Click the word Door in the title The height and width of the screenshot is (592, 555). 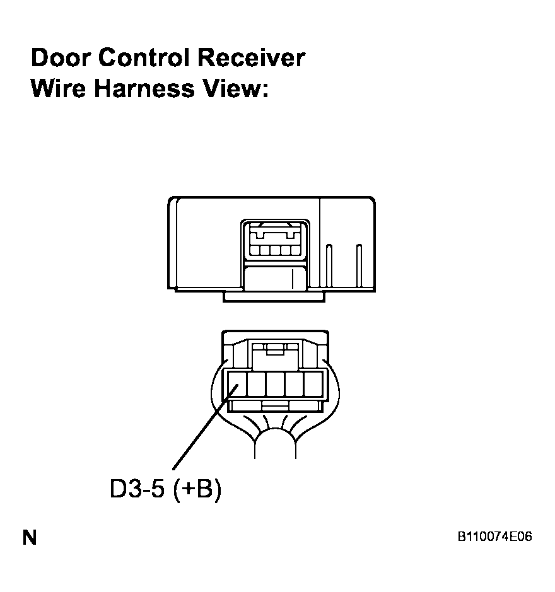pyautogui.click(x=61, y=58)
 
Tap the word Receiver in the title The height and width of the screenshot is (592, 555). pyautogui.click(x=251, y=58)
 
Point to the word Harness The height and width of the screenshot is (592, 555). pyautogui.click(x=144, y=88)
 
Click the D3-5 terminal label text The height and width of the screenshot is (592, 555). pyautogui.click(x=137, y=489)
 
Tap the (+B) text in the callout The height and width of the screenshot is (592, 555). pyautogui.click(x=197, y=489)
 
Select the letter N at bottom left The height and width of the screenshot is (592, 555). pyautogui.click(x=30, y=537)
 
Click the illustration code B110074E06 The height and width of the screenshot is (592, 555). pyautogui.click(x=494, y=537)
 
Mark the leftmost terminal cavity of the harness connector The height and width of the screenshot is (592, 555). pyautogui.click(x=237, y=384)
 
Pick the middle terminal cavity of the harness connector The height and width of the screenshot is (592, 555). pyautogui.click(x=275, y=384)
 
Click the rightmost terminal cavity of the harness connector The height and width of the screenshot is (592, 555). pyautogui.click(x=313, y=384)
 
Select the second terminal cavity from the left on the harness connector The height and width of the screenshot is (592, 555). pyautogui.click(x=256, y=384)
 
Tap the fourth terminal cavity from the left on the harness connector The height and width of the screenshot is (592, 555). pyautogui.click(x=294, y=384)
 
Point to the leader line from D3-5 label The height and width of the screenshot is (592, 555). pyautogui.click(x=206, y=427)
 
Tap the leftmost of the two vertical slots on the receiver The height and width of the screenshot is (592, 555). pyautogui.click(x=329, y=266)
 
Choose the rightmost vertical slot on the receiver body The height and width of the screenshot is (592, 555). pyautogui.click(x=359, y=266)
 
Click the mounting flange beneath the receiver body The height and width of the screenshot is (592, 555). pyautogui.click(x=274, y=297)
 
